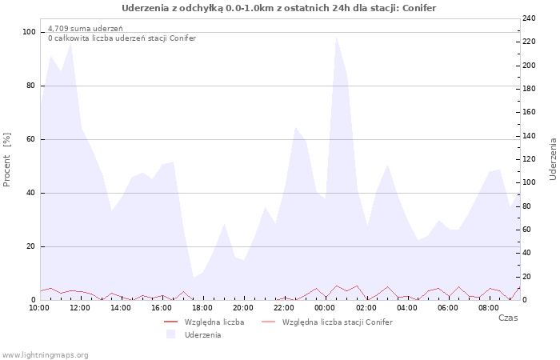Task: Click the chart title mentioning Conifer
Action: click(x=279, y=8)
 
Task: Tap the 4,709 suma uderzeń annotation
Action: click(x=86, y=28)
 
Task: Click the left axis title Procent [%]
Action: click(x=7, y=160)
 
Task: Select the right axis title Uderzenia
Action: click(x=553, y=158)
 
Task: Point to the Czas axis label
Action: click(x=507, y=318)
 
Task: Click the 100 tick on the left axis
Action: click(x=30, y=32)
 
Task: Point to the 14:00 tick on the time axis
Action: click(x=121, y=307)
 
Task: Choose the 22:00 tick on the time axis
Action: click(x=284, y=307)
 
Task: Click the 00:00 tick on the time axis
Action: click(x=325, y=307)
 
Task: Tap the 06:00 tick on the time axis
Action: click(x=448, y=307)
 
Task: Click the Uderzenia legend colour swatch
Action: click(x=170, y=334)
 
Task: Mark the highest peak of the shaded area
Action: click(x=336, y=37)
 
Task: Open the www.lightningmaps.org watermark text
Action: click(x=46, y=354)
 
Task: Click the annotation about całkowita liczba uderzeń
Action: click(x=122, y=38)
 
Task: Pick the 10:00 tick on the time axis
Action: click(x=39, y=307)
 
